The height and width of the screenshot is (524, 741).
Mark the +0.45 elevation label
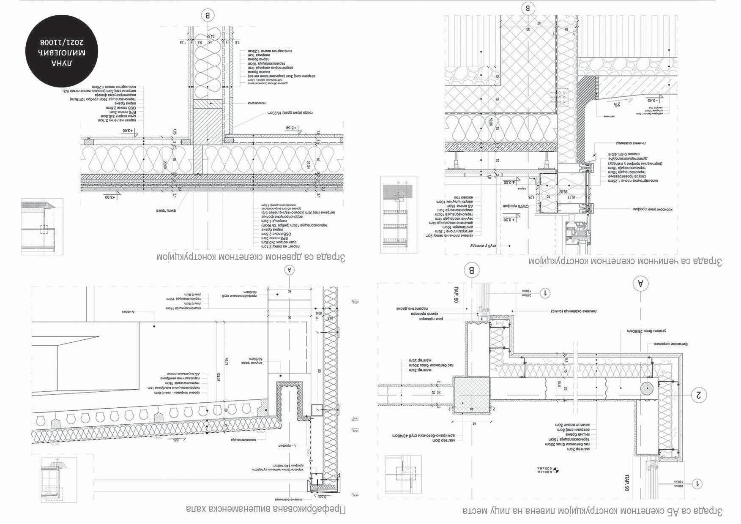click(654, 101)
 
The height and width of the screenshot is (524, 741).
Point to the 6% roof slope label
click(175, 440)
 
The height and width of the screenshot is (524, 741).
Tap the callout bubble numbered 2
click(698, 395)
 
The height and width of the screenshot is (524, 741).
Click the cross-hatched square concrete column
click(472, 396)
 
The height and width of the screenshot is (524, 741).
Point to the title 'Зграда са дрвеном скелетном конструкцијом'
click(251, 257)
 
